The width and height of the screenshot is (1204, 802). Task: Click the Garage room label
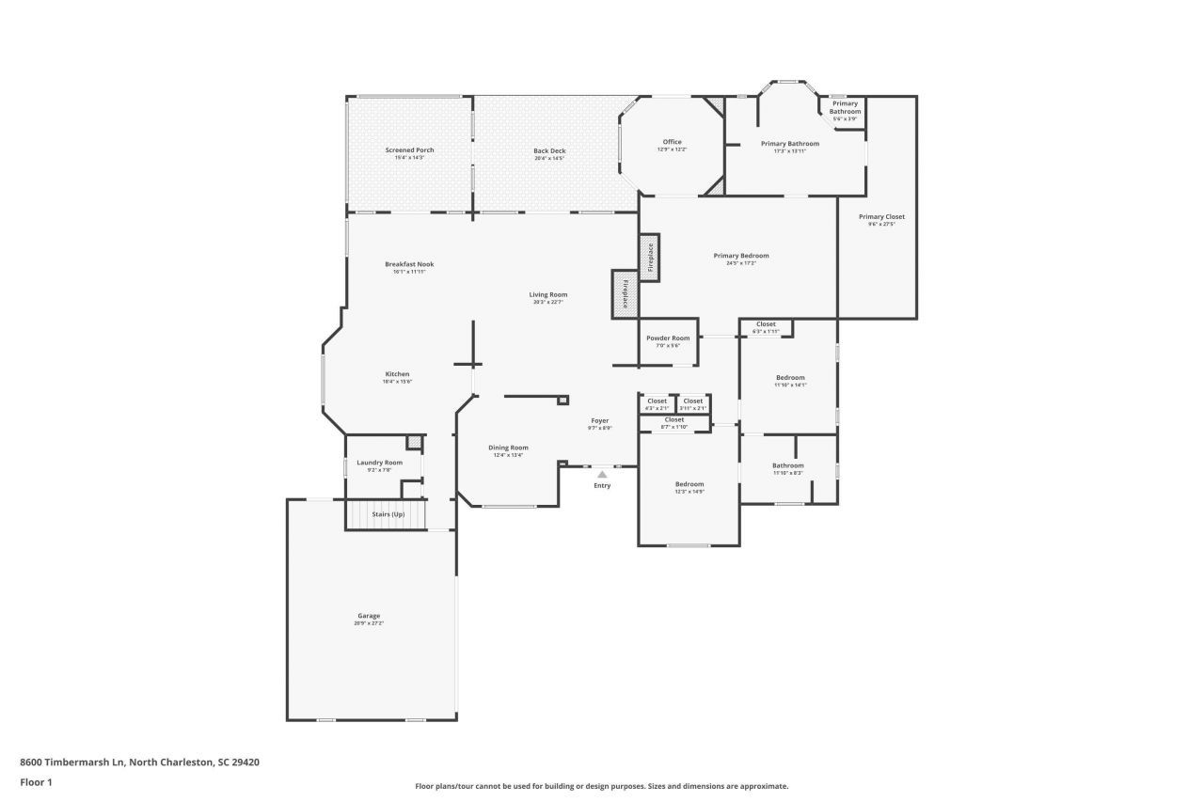368,616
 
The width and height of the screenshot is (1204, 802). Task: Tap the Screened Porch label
409,150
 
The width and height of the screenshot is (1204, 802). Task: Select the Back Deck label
549,150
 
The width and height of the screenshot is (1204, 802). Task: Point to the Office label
672,142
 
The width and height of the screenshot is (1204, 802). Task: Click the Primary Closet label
881,216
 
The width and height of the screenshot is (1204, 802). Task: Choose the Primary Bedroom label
741,256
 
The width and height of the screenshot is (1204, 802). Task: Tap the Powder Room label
668,338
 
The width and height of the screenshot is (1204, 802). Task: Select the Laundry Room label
379,463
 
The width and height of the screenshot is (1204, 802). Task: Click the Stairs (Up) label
388,514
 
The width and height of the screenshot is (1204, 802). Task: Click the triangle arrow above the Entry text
602,475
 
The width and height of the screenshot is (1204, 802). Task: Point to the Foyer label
599,420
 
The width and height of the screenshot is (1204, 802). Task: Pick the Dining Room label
508,448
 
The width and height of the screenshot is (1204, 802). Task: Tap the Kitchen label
397,373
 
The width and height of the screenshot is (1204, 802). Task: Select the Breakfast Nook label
409,264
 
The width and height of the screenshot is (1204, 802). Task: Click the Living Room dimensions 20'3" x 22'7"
548,303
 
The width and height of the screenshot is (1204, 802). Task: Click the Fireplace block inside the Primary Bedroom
649,257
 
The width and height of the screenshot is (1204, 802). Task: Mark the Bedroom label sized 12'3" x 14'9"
689,484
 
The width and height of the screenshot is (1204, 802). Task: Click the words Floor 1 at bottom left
36,781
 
